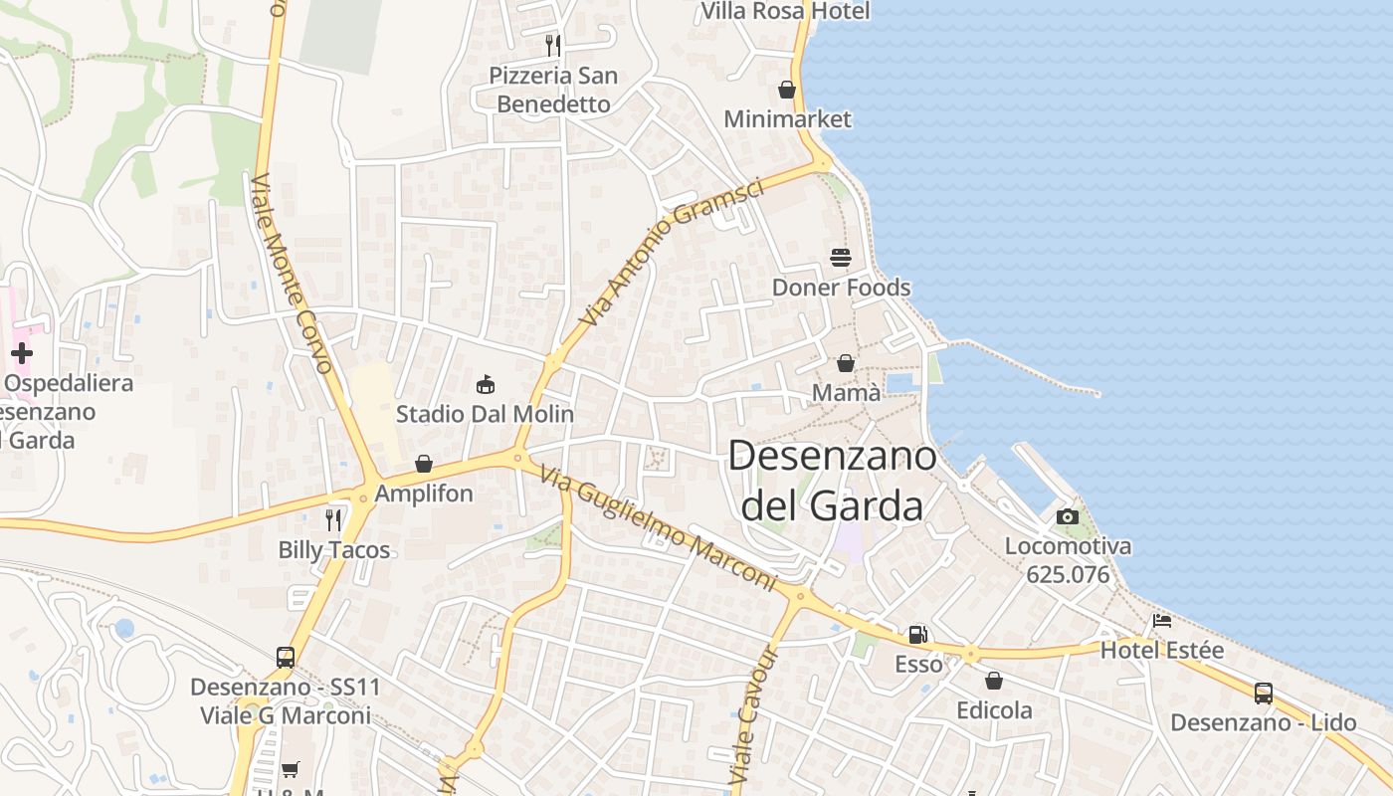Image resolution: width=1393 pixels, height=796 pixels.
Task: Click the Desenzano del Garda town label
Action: click(x=832, y=481)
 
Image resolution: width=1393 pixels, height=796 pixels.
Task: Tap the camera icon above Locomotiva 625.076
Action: click(x=1067, y=516)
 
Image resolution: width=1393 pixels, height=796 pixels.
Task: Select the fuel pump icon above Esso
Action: click(x=917, y=634)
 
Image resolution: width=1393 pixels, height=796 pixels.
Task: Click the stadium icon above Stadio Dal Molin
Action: click(x=486, y=384)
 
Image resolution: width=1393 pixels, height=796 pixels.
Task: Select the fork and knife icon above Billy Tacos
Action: click(x=333, y=519)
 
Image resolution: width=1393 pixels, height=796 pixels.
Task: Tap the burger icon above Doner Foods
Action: click(x=841, y=258)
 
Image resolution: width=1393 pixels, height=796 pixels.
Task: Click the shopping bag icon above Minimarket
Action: click(x=787, y=90)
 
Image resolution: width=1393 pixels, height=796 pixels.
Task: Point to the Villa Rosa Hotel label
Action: click(x=785, y=11)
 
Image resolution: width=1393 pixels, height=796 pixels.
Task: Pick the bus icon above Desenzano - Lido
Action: click(x=1263, y=694)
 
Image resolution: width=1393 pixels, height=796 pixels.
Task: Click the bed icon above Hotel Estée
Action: click(x=1161, y=621)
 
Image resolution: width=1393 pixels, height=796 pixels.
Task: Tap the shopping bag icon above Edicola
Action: click(x=993, y=681)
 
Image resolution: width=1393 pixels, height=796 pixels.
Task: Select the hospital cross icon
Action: click(x=22, y=352)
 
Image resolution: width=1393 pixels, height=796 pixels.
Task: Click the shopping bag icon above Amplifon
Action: click(x=424, y=464)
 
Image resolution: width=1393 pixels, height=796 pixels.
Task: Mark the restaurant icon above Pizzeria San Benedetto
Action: click(x=553, y=45)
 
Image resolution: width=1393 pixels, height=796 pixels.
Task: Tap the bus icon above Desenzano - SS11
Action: click(x=286, y=657)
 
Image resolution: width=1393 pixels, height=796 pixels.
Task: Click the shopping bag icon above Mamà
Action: click(x=845, y=363)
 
